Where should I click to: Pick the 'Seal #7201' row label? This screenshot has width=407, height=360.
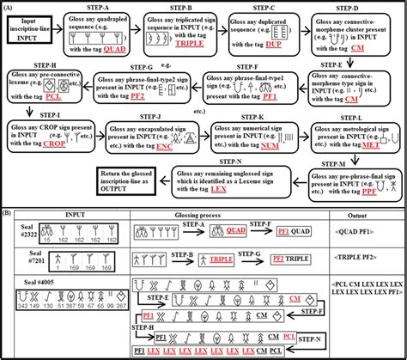(14, 260)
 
